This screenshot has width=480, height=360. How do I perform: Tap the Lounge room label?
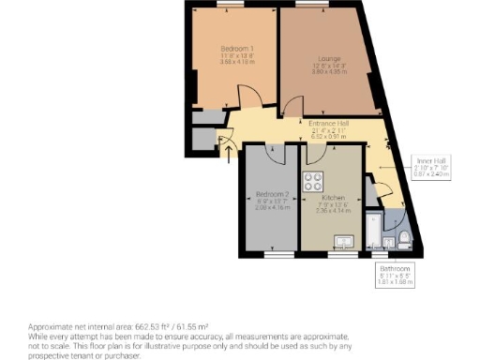(x=328, y=59)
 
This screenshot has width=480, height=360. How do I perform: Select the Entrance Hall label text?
(x=329, y=124)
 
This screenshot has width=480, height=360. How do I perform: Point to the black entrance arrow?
(x=225, y=149)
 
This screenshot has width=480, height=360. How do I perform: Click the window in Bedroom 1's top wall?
(x=225, y=7)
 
